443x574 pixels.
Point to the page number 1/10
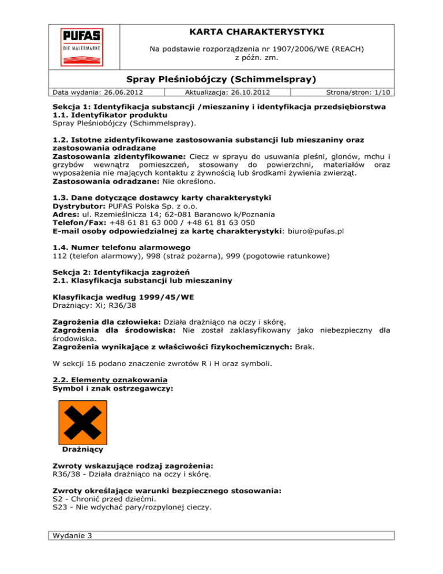point(382,91)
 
